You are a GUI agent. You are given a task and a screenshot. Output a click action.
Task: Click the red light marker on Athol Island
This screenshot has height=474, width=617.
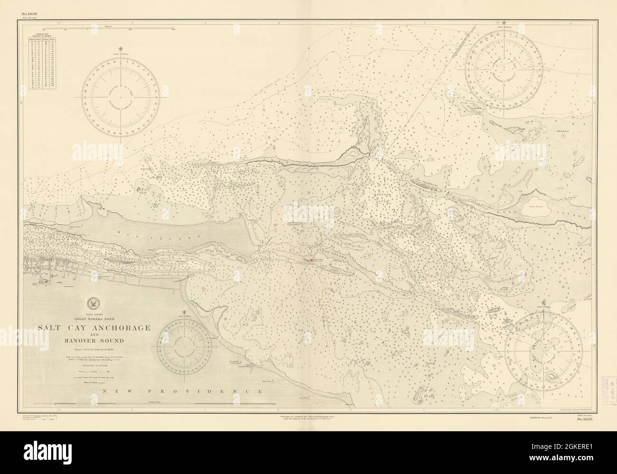coord(311,260)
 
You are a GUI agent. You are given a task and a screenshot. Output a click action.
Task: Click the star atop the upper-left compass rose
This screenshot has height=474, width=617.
coord(122,48)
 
